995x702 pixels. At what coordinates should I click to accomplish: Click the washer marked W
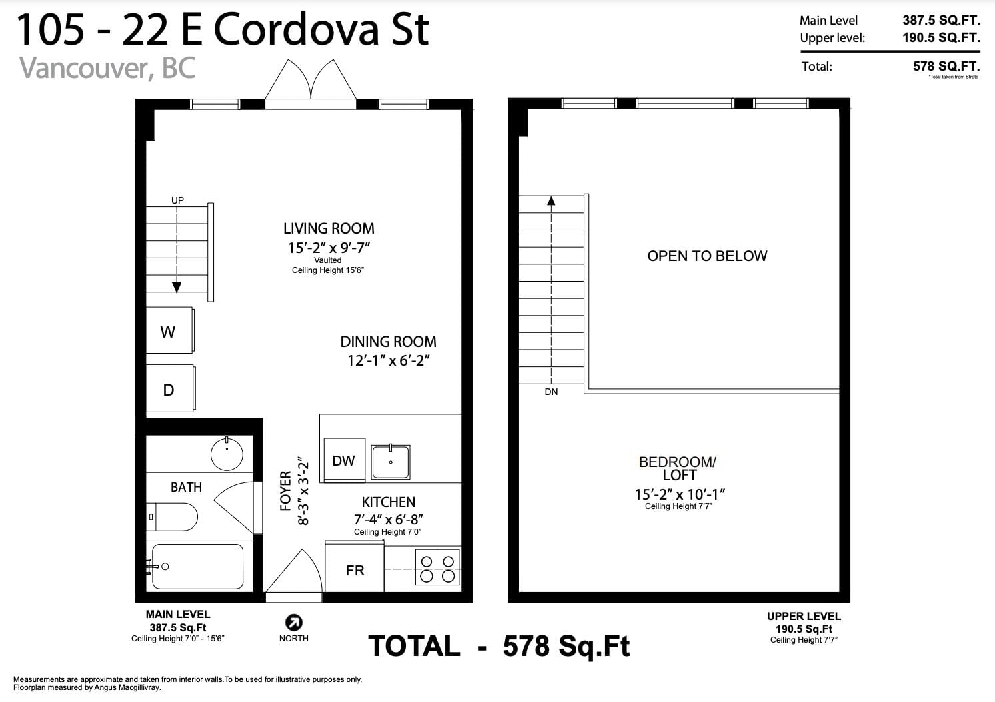click(x=169, y=330)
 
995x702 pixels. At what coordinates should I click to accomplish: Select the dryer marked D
click(x=171, y=388)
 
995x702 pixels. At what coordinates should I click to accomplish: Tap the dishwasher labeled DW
click(x=345, y=460)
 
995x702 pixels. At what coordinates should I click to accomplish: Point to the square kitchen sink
click(x=390, y=462)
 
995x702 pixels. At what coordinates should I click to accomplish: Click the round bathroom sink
click(x=227, y=454)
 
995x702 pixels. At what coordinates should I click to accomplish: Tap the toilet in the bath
click(x=172, y=517)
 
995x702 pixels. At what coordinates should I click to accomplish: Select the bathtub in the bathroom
click(x=196, y=567)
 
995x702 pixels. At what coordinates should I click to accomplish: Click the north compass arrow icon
click(x=293, y=623)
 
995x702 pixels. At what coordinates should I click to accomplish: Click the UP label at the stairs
click(x=177, y=200)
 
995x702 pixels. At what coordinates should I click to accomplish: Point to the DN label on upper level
click(x=551, y=392)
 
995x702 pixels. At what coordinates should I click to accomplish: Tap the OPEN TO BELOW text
click(x=707, y=256)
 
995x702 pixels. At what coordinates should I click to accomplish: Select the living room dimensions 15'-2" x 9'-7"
click(x=329, y=247)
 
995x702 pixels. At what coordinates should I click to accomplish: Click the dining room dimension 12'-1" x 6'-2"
click(x=389, y=360)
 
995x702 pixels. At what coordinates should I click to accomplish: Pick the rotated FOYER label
click(x=285, y=491)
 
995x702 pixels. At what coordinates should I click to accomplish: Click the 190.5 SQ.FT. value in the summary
click(x=941, y=37)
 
